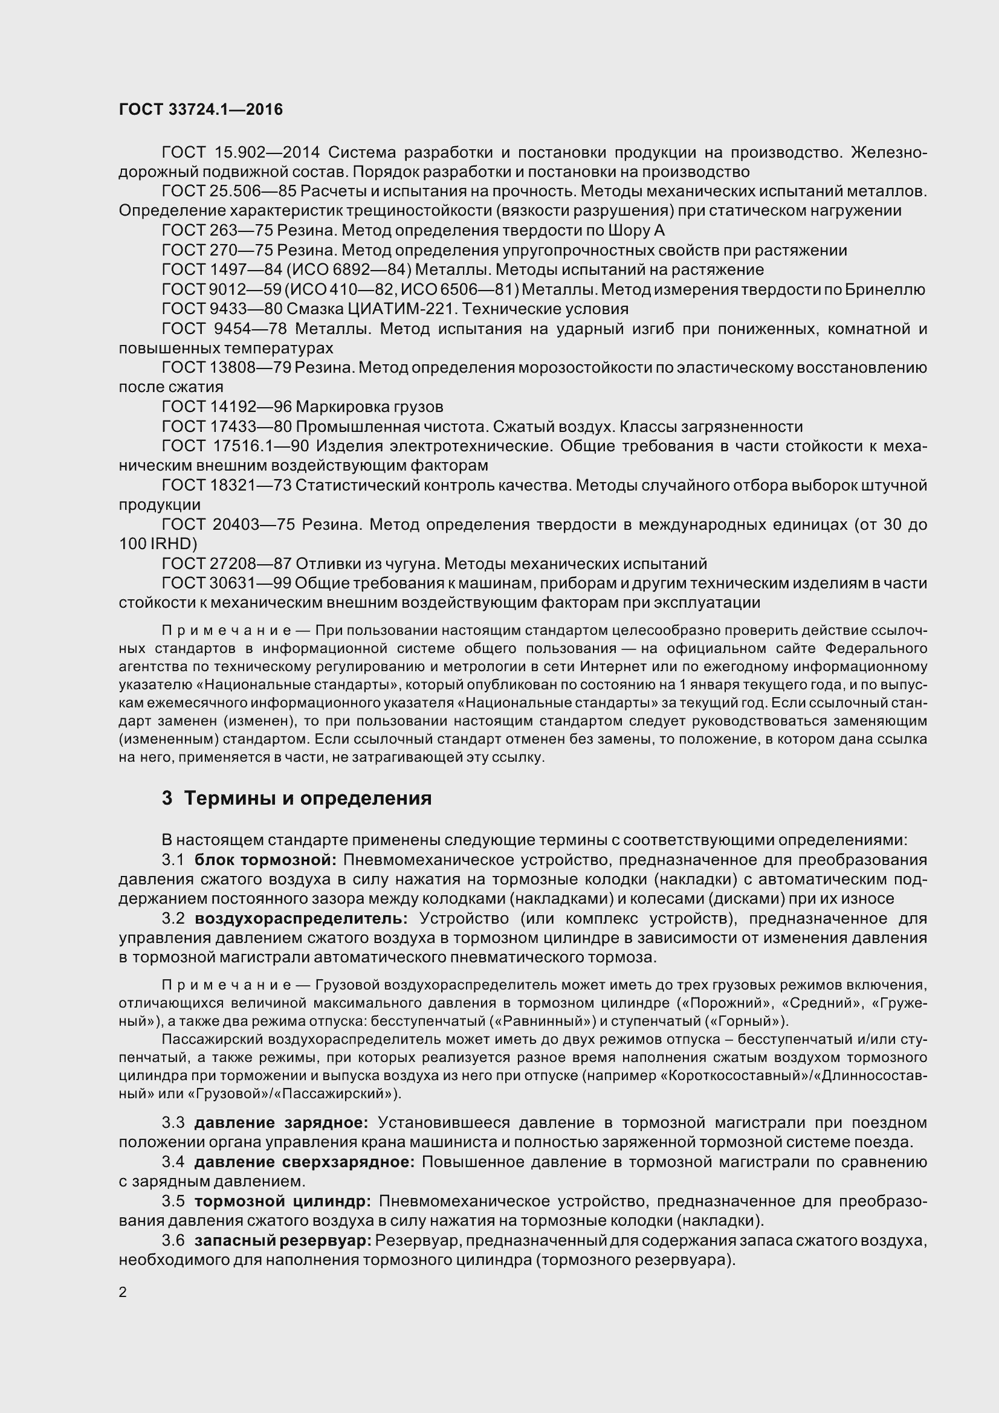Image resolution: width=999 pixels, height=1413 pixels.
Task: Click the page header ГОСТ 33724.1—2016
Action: (x=201, y=109)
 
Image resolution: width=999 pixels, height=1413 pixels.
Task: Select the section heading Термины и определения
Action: (x=308, y=798)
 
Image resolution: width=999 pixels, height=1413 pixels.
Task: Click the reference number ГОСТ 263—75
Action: (x=217, y=230)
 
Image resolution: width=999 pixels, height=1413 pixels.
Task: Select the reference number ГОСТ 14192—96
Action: (x=226, y=407)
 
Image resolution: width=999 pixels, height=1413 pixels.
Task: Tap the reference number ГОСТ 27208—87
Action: (x=226, y=564)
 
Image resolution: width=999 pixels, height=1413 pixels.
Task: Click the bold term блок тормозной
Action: (x=266, y=860)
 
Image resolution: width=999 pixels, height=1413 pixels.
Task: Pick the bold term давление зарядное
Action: (x=281, y=1123)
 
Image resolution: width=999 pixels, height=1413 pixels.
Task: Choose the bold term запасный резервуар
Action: (x=284, y=1241)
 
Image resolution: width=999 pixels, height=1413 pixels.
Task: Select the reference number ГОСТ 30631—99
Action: (x=226, y=584)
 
